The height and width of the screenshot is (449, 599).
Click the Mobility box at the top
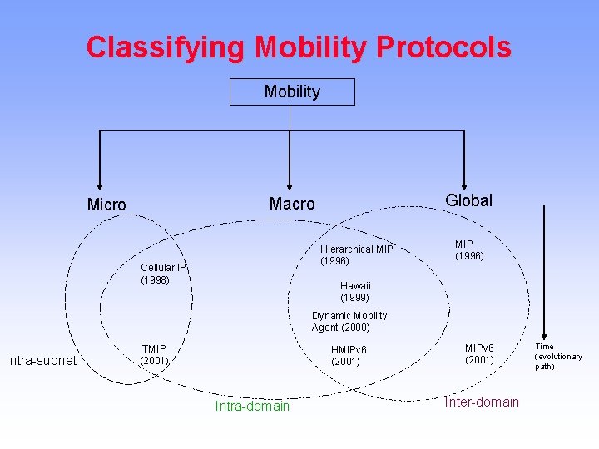coord(292,91)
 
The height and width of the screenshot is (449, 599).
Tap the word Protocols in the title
coord(443,47)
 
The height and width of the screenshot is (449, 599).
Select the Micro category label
coord(106,205)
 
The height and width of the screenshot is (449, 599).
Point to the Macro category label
coord(292,204)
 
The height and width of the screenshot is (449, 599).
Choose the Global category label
coord(468,200)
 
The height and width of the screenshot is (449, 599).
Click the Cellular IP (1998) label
coord(162,274)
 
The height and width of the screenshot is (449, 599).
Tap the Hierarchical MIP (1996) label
coord(356,255)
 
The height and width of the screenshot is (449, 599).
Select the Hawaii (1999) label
coord(355,291)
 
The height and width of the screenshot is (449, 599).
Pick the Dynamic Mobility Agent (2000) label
coord(349,322)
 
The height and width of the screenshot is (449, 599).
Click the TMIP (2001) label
coord(155,355)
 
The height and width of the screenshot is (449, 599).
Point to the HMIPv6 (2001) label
coord(349,356)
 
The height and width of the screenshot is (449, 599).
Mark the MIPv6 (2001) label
coord(479,353)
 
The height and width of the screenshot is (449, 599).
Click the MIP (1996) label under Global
coord(468,250)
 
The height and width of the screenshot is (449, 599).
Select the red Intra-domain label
coord(252,407)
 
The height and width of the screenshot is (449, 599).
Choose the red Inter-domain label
coord(482,402)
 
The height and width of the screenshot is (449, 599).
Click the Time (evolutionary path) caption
coord(558,357)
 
